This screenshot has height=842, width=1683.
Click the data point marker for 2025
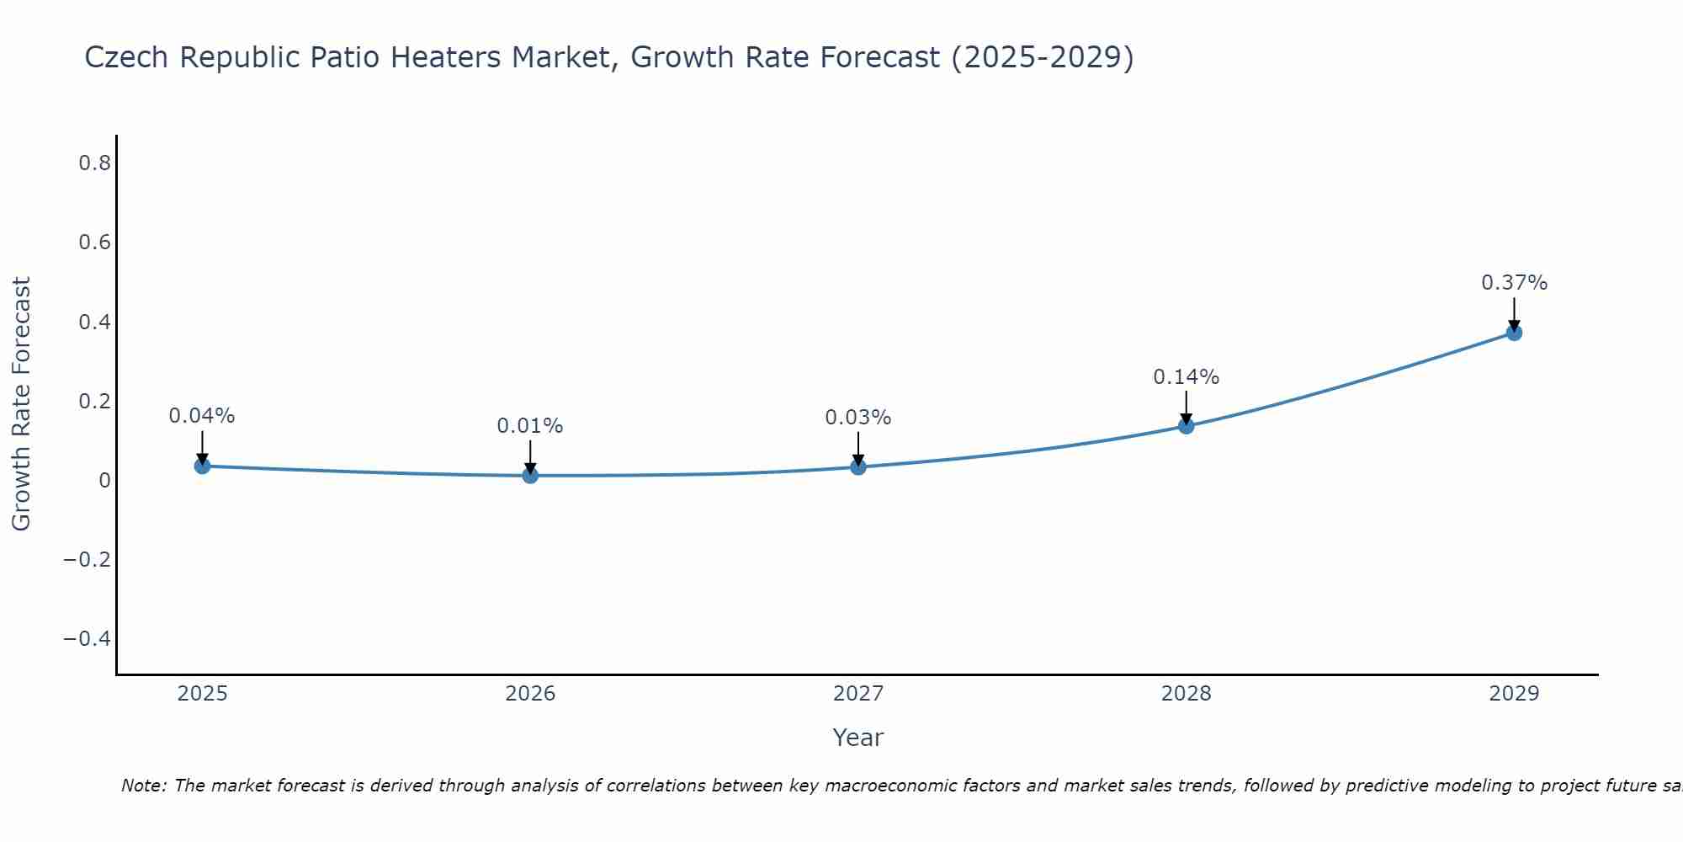pos(202,466)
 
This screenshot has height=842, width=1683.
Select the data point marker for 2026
pos(530,476)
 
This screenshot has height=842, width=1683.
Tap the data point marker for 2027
pos(858,466)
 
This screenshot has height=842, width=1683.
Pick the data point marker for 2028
pos(1186,426)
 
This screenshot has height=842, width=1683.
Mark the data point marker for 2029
pos(1514,333)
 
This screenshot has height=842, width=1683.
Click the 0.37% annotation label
pos(1514,283)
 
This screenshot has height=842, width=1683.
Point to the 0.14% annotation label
pos(1186,377)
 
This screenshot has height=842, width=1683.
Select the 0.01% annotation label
pos(530,426)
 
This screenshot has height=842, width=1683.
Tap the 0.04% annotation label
pos(202,416)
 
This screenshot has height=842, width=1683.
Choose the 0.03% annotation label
pos(858,418)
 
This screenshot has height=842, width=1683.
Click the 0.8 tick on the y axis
pos(94,163)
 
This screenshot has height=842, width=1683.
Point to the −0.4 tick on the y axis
pos(87,639)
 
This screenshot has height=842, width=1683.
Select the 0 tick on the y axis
pos(104,481)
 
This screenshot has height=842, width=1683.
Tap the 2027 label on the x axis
pos(858,694)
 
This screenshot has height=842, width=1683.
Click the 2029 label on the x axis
pos(1514,694)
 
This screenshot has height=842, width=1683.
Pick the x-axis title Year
pos(857,738)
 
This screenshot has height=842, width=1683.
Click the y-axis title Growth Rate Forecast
pos(21,404)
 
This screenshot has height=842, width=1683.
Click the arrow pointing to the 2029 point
pos(1514,313)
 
